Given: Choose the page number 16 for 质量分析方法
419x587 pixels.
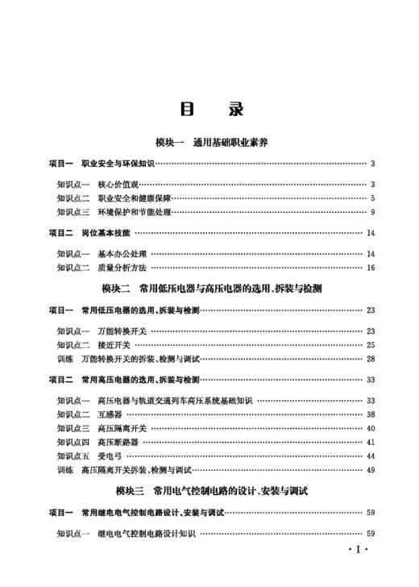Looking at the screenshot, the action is pos(371,268).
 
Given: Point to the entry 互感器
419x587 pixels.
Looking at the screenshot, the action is pos(110,414).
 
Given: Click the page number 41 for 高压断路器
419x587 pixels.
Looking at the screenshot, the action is pos(371,442).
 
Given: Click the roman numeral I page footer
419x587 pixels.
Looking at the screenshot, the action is pos(356,552).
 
